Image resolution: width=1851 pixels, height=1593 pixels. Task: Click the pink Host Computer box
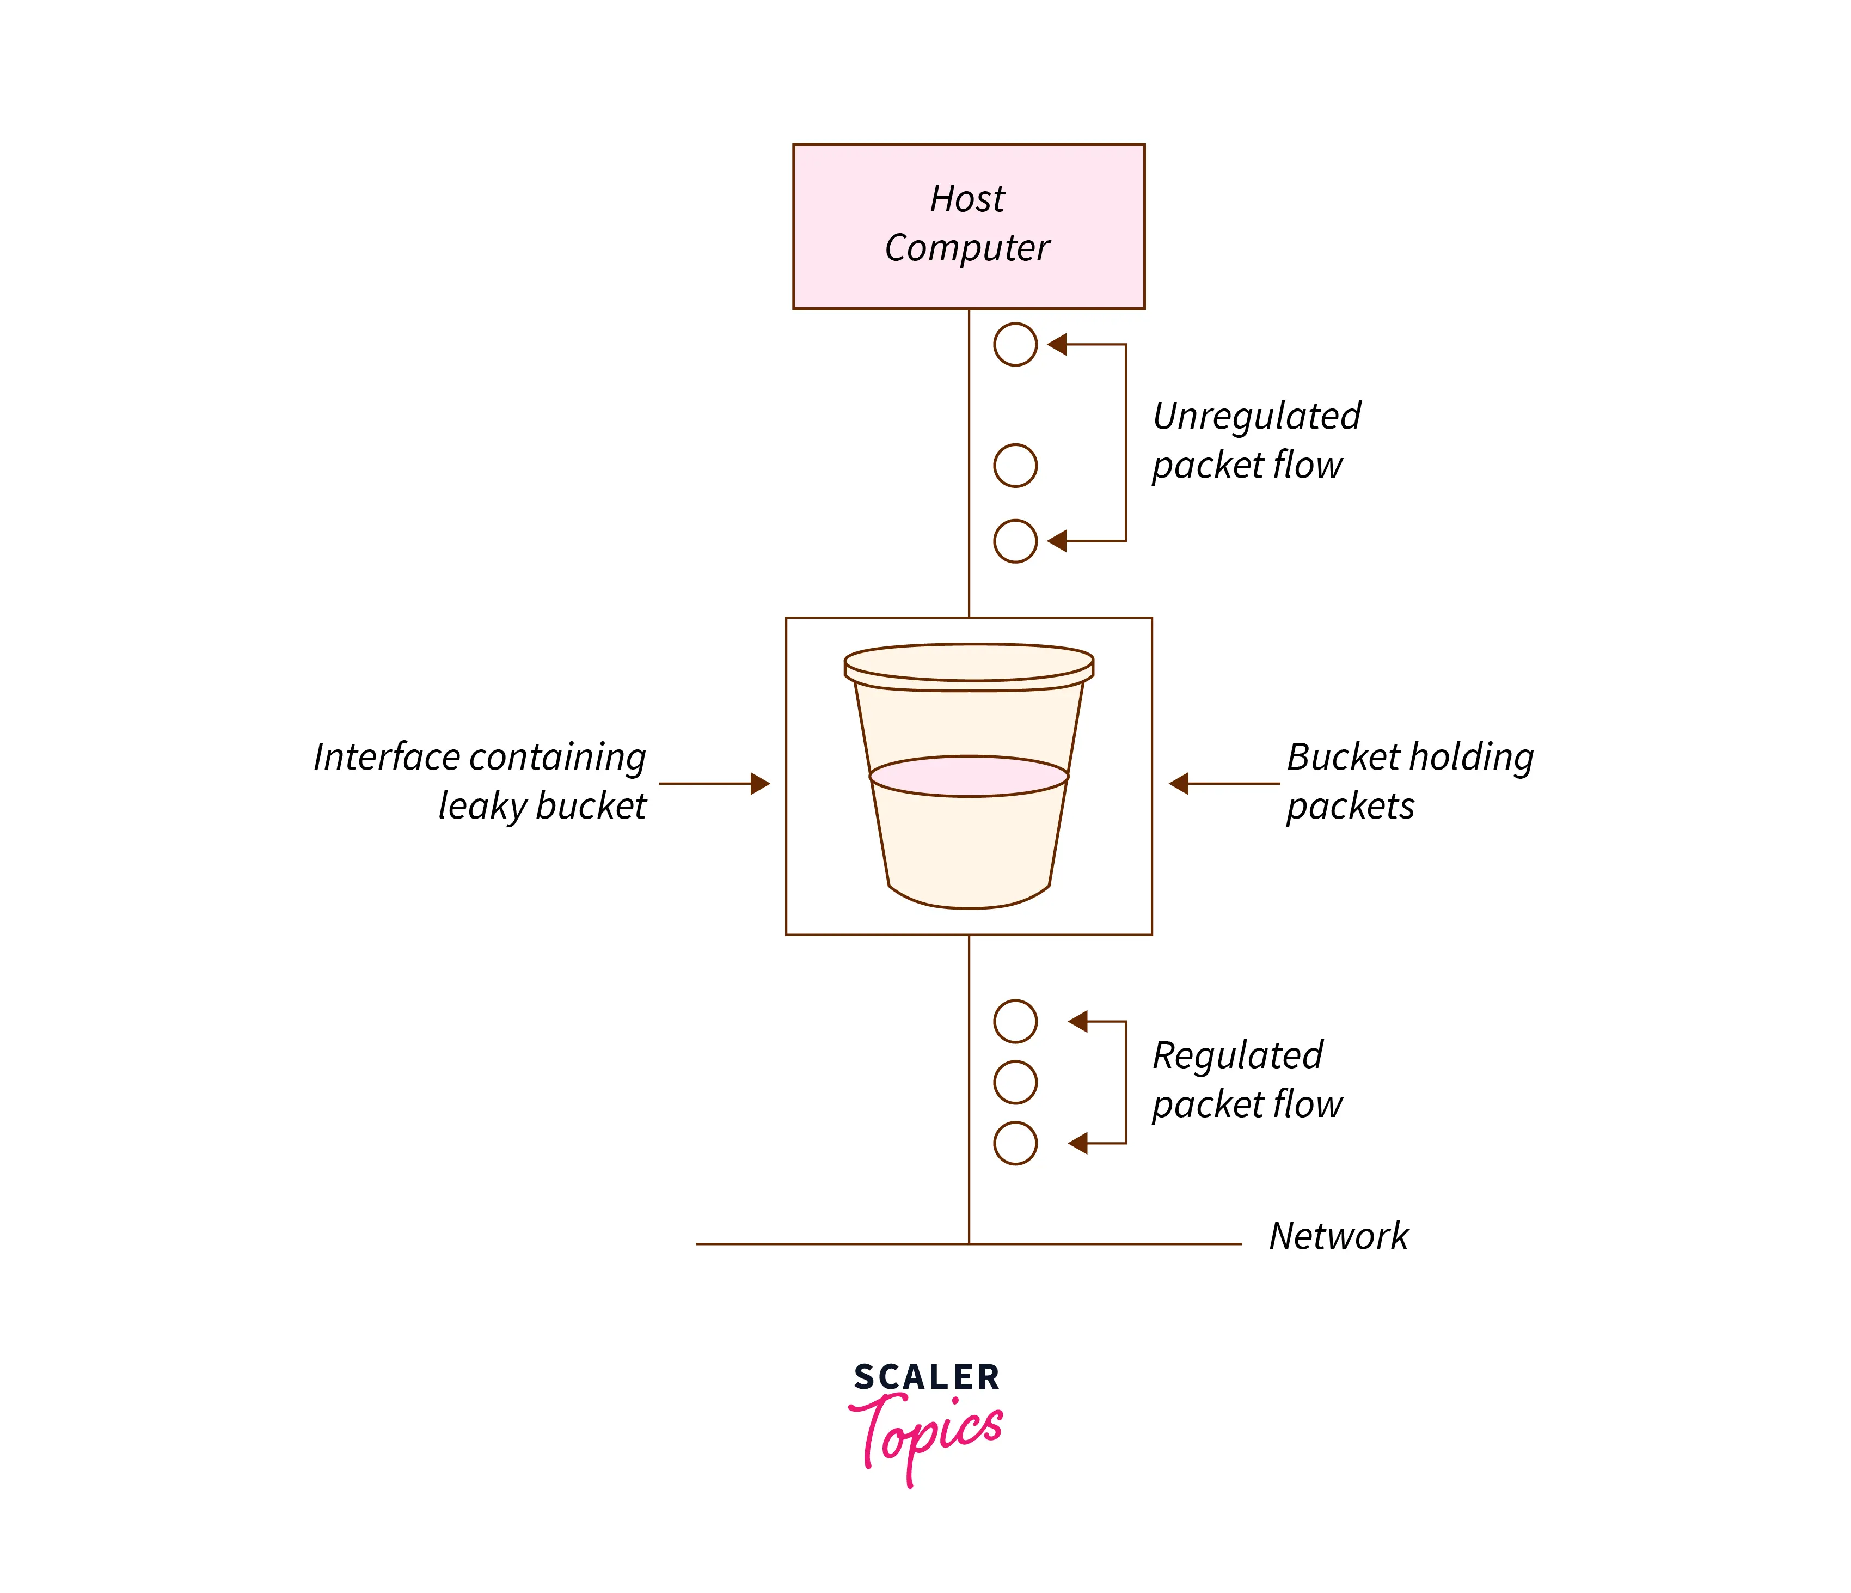(969, 226)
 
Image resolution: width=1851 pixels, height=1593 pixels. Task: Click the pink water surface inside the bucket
(969, 776)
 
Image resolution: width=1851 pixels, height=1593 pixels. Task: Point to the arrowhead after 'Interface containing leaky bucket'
(760, 784)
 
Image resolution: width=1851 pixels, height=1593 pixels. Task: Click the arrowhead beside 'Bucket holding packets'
(1178, 784)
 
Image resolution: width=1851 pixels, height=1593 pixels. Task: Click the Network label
(1338, 1236)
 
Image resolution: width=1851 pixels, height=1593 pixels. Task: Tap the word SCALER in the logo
(927, 1377)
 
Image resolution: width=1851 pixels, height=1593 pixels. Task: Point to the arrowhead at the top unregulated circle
(1057, 344)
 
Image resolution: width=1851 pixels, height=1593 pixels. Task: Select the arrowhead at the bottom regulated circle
(1078, 1143)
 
